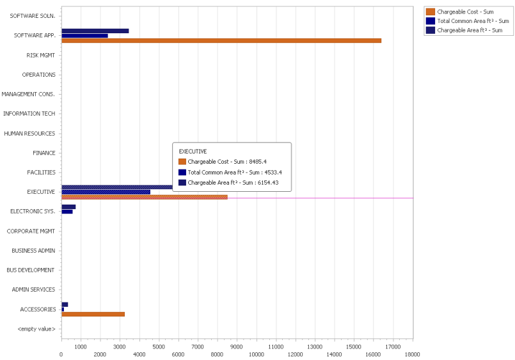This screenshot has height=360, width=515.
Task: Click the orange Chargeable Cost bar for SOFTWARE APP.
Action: point(221,41)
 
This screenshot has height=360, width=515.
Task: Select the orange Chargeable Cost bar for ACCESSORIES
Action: point(93,314)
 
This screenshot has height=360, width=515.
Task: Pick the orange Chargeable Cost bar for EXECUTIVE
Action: point(144,197)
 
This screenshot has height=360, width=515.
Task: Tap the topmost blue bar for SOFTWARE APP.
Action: point(95,31)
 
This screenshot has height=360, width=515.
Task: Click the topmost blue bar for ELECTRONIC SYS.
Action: point(68,207)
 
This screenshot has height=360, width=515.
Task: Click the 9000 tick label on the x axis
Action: point(237,347)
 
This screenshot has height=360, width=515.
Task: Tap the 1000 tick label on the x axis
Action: point(81,347)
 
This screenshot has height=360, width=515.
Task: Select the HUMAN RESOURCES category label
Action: point(29,134)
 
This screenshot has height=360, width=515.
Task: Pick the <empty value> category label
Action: point(36,329)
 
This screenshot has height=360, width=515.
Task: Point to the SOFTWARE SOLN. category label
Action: point(33,15)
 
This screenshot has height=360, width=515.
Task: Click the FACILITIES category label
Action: point(41,173)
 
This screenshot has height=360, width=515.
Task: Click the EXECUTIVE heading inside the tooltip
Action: point(193,151)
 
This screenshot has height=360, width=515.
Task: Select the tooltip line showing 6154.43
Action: point(233,183)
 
